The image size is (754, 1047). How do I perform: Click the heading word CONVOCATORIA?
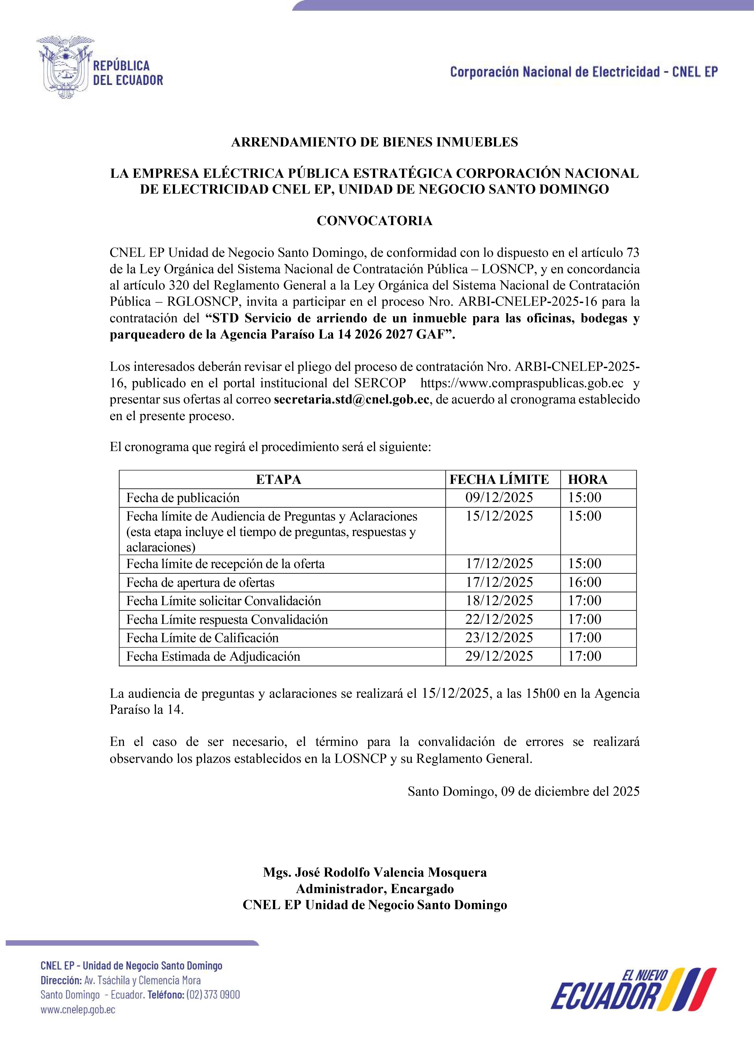[374, 221]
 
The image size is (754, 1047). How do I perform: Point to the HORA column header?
[587, 480]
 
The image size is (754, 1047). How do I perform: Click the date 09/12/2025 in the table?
[499, 498]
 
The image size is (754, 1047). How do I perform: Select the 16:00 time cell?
[585, 582]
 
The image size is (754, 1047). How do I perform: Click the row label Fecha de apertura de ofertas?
[200, 583]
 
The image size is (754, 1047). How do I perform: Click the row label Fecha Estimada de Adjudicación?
[213, 656]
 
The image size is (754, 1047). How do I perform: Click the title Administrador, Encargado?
[375, 889]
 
